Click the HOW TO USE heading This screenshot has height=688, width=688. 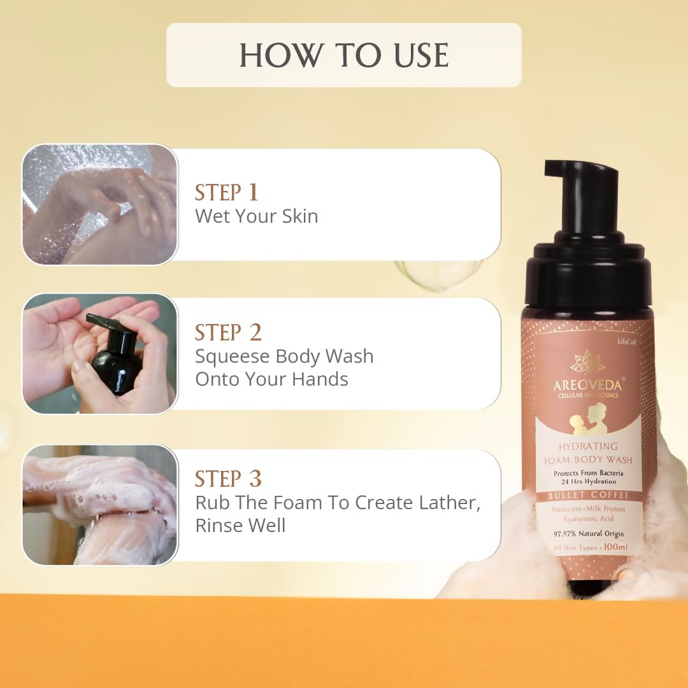344,55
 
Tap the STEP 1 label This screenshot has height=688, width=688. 226,192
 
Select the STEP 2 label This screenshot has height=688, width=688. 228,332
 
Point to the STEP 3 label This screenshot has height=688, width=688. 228,479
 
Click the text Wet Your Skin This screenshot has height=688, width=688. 256,216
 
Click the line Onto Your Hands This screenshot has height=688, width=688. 271,379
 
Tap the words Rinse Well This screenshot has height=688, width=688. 240,526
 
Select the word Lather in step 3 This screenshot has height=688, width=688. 445,503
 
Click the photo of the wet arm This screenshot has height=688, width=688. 100,204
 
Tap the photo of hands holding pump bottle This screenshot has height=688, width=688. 100,354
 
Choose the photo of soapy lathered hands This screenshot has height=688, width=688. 100,505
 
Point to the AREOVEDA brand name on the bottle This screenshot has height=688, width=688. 587,386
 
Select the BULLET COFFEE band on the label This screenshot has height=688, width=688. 589,495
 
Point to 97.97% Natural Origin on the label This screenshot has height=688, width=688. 589,533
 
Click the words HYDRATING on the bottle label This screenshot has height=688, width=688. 588,446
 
